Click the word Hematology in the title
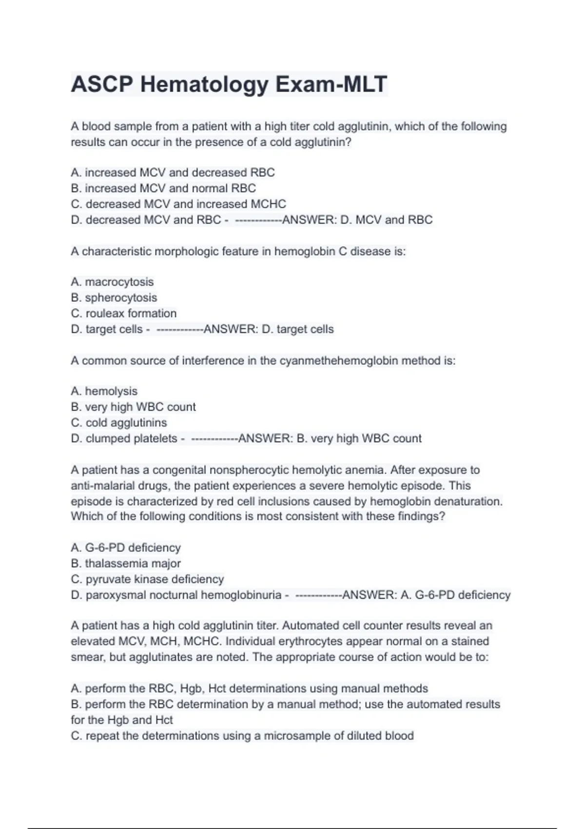click(x=204, y=84)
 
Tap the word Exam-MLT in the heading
click(x=331, y=84)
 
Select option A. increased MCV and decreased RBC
click(x=173, y=173)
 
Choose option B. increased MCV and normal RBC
click(x=163, y=188)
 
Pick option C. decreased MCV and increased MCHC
click(x=178, y=204)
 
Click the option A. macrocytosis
click(x=112, y=282)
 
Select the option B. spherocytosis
click(x=114, y=297)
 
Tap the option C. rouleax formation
click(x=124, y=313)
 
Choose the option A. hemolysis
click(x=104, y=391)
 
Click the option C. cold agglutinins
click(x=119, y=422)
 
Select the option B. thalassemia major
click(x=126, y=563)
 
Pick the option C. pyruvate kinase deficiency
click(x=147, y=579)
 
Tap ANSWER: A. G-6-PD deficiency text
click(x=426, y=595)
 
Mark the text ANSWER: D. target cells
click(x=269, y=329)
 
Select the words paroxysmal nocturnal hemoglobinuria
click(x=183, y=595)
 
